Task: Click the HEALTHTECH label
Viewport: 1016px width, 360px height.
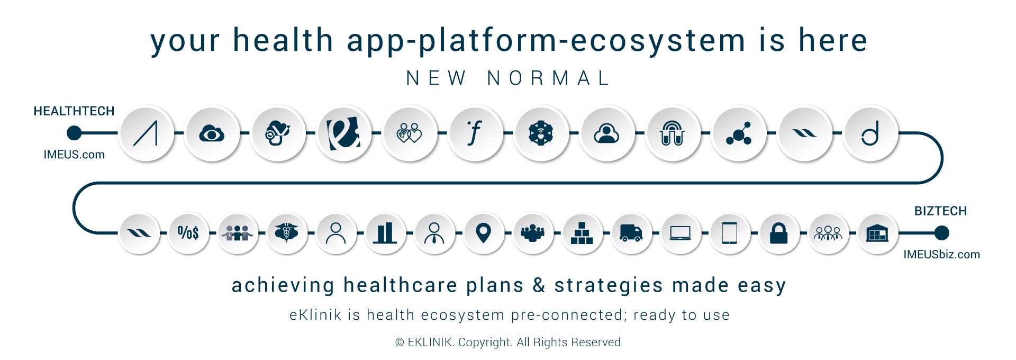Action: pos(74,111)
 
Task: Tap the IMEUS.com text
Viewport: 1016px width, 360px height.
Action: pos(74,155)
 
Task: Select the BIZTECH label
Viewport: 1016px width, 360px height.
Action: pos(940,211)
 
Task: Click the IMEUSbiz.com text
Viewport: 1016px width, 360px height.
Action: pos(941,255)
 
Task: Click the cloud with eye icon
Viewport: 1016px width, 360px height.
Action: pos(212,133)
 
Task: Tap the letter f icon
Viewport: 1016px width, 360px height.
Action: pos(475,133)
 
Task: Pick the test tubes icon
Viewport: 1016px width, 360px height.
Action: pos(673,133)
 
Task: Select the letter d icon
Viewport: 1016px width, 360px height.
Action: pos(870,133)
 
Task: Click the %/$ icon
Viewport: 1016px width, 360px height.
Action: pos(188,233)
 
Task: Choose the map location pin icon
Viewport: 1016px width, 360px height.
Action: pos(483,233)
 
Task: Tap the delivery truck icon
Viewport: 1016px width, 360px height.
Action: pos(631,233)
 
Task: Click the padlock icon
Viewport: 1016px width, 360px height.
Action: pos(778,233)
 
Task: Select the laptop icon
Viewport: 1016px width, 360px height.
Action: pos(680,233)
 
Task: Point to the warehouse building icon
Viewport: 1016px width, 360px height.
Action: pos(877,233)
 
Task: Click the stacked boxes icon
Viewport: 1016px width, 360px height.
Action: pos(582,233)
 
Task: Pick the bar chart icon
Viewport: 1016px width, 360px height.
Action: pos(385,233)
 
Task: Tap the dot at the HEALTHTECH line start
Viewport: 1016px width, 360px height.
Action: pos(75,133)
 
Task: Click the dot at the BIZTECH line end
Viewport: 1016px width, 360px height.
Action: pos(941,233)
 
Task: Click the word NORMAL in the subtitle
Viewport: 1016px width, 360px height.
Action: pos(549,78)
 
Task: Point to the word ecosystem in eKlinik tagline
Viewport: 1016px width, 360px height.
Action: pos(462,315)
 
